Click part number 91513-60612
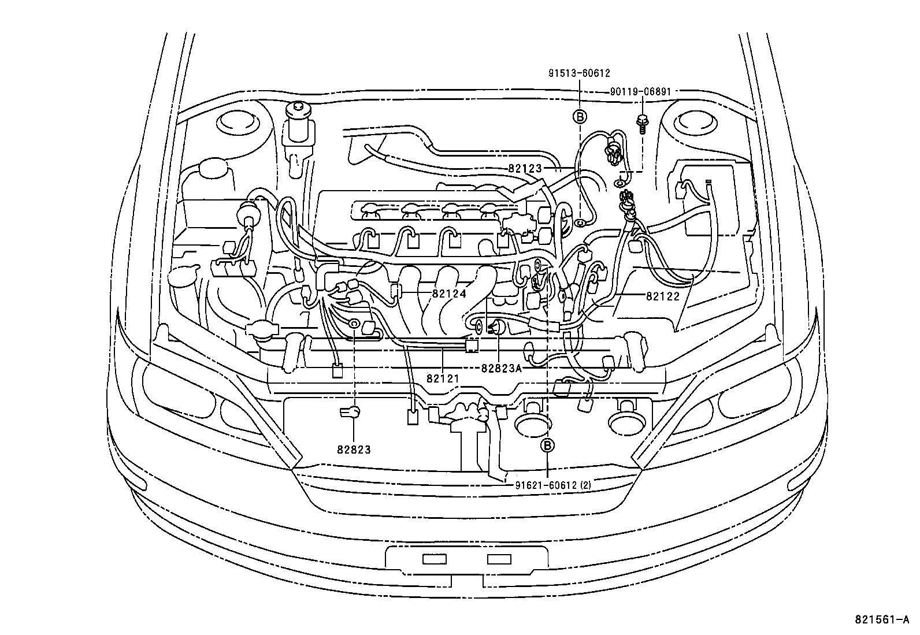tap(579, 73)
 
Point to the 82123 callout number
tap(525, 168)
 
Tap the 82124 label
tap(449, 294)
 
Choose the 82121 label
tap(443, 378)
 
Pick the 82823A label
tap(501, 368)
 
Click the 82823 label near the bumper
tap(354, 449)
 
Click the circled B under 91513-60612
tap(579, 117)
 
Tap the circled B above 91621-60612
tap(547, 445)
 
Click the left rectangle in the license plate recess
tap(435, 559)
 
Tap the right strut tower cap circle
tap(693, 124)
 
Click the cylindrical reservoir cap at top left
tap(298, 124)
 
